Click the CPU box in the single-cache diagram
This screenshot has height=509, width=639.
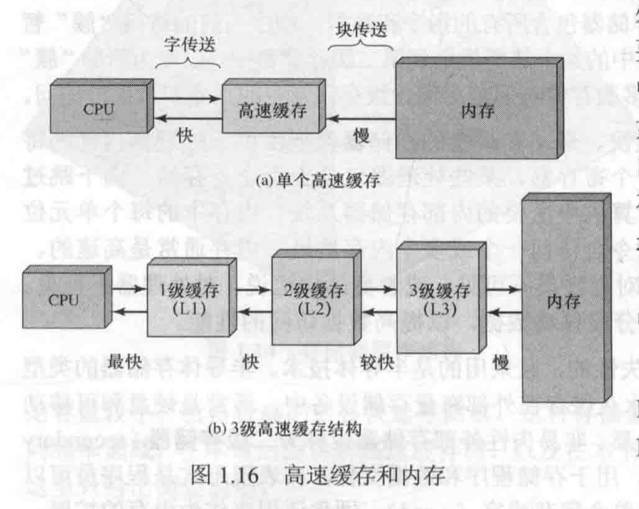coord(100,109)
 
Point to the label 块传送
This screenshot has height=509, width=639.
coord(360,33)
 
